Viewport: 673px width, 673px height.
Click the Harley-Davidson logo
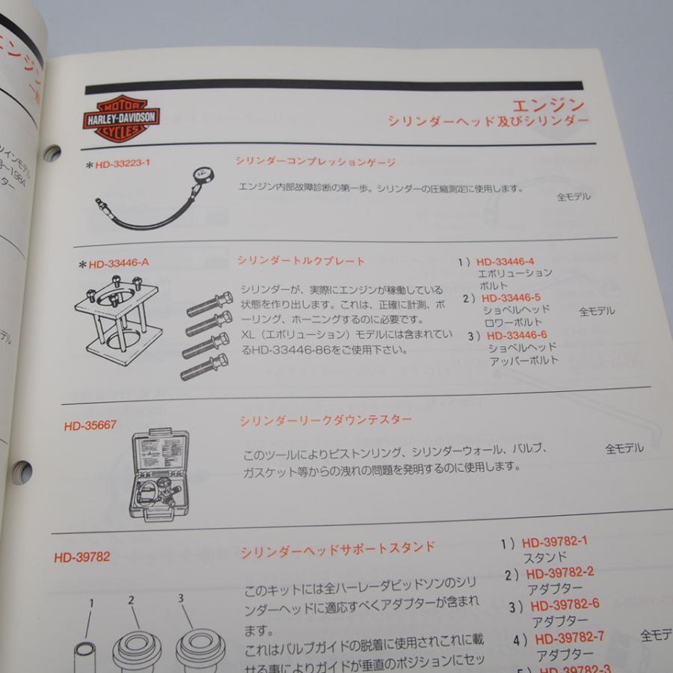120,118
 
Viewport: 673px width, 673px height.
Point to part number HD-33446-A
119,263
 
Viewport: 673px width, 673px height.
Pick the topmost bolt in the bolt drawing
209,304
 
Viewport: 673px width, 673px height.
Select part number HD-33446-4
505,262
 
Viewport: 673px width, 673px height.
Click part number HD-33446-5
511,298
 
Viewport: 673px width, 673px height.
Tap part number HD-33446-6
517,335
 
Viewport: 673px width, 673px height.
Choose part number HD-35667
90,425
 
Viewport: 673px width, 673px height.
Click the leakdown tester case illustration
159,475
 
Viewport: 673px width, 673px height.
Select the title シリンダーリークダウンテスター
325,420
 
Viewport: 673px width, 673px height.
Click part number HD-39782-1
554,541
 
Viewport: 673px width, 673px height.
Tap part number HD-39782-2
559,573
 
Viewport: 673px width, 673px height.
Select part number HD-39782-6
565,605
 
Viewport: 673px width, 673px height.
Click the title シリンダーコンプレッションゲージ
315,161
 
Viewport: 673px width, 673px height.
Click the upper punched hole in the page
52,153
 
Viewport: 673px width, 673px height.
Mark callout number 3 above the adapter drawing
180,597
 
